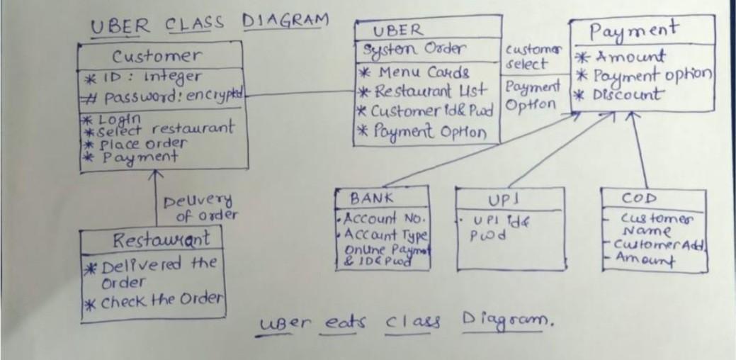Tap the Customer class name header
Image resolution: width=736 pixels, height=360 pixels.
tap(157, 55)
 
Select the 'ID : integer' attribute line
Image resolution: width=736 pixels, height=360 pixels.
tap(145, 76)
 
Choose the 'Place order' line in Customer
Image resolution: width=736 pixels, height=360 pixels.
tap(140, 142)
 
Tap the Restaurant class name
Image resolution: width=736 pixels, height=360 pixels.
tap(162, 240)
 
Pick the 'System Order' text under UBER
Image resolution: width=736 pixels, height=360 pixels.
tap(414, 50)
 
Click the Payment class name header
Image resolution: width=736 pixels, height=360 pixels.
tap(634, 30)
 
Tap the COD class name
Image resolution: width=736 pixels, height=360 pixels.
tap(639, 198)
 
